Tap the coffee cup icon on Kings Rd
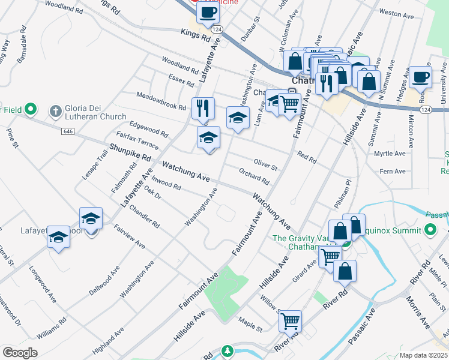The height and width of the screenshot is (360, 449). tap(208, 12)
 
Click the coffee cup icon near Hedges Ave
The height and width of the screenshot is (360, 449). tap(421, 76)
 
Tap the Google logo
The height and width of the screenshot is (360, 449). tap(20, 352)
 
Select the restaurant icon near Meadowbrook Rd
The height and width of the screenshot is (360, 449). tap(203, 108)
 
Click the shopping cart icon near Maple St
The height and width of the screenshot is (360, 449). tap(290, 321)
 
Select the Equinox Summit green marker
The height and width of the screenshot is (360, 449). tap(430, 229)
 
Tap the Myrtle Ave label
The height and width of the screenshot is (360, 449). tap(390, 154)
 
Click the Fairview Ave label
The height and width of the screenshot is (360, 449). tap(130, 237)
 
